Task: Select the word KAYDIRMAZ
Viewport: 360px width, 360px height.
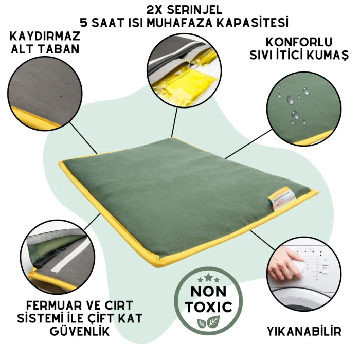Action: click(45, 36)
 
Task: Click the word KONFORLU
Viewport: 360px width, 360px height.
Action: click(299, 42)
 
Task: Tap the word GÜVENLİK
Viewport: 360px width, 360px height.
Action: click(80, 332)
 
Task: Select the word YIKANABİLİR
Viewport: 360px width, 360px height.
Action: click(304, 332)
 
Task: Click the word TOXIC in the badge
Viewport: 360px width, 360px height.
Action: click(209, 307)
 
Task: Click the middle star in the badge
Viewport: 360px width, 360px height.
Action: click(208, 277)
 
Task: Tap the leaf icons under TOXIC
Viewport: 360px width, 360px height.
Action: click(208, 322)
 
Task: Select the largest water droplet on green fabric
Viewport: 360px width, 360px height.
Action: click(290, 100)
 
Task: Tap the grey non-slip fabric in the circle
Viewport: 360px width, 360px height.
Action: click(45, 89)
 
